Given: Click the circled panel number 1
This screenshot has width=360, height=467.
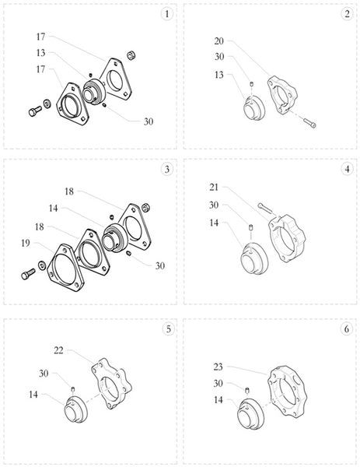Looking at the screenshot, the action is click(166, 14).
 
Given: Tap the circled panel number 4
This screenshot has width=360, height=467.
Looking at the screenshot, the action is click(347, 169).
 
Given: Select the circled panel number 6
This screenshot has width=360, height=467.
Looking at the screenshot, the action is click(346, 329).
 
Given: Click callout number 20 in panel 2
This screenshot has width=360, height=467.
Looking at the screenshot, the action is click(218, 41).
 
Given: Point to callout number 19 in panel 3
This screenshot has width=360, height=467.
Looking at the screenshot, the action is click(26, 244).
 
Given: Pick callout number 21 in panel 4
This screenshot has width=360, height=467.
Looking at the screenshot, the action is click(214, 188).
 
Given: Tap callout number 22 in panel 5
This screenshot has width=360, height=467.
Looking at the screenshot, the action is click(58, 350).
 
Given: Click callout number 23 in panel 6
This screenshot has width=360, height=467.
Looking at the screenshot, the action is click(218, 367).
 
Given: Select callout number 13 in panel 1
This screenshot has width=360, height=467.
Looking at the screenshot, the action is click(40, 53).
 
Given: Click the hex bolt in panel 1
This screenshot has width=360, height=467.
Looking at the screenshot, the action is click(35, 111).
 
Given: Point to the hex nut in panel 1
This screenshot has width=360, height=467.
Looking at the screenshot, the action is click(131, 55).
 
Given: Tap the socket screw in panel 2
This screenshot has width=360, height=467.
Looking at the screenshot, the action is click(309, 123).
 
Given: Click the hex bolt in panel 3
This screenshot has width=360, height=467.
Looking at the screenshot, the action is click(28, 274).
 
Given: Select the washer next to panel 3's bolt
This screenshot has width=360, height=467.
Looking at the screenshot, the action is click(42, 265).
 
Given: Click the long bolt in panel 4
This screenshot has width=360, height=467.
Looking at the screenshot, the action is click(265, 208).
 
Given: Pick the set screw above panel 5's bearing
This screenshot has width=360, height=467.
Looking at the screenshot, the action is click(72, 388).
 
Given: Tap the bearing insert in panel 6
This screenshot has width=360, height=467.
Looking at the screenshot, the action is click(250, 414).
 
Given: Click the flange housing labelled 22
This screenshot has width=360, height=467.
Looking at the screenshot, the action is click(111, 384).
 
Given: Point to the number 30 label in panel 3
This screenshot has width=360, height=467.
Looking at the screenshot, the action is click(160, 265).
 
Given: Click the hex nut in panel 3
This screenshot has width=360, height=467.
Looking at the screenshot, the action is click(145, 208).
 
